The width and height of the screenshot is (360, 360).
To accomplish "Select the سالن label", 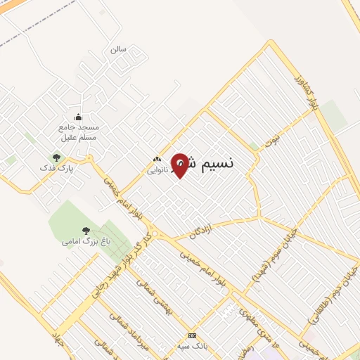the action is (x=117, y=50).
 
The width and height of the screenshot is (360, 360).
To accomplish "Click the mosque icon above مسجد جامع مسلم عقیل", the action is (x=78, y=117).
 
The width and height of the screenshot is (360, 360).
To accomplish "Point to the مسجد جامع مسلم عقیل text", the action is (x=79, y=133).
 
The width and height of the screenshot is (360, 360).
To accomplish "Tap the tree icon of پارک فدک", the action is (x=56, y=157).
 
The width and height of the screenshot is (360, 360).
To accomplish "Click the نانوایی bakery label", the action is (x=157, y=170).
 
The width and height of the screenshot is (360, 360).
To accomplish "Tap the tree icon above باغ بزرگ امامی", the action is (x=86, y=230).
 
